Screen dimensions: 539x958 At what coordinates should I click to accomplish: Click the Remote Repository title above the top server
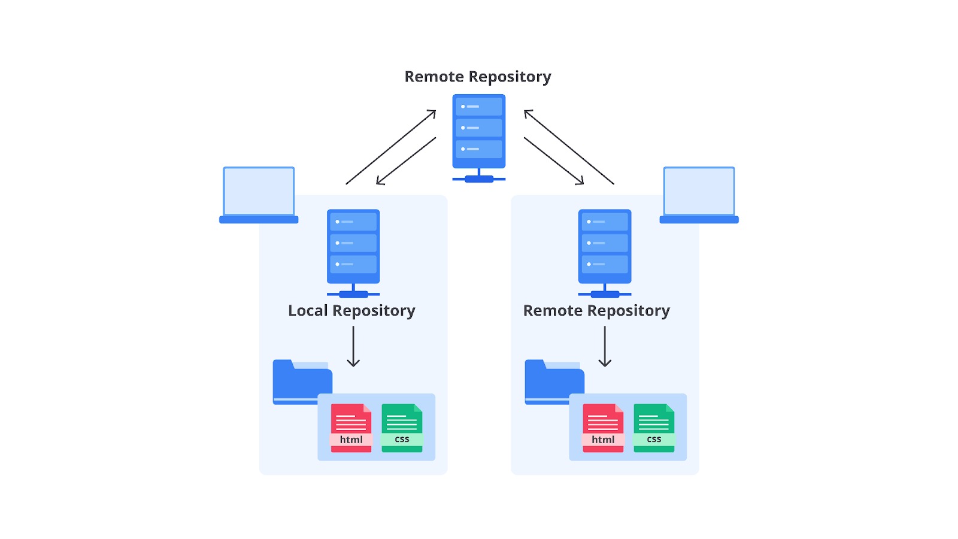[x=478, y=77]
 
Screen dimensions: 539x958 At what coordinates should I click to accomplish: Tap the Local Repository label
[x=351, y=311]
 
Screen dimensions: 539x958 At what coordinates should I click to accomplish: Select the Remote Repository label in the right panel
[x=596, y=311]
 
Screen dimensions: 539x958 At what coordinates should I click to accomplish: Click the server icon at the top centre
[x=479, y=137]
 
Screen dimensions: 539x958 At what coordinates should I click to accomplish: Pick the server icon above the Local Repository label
[x=353, y=252]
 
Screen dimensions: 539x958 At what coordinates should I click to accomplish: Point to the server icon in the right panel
[x=605, y=252]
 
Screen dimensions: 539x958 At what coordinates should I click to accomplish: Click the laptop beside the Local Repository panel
[x=259, y=195]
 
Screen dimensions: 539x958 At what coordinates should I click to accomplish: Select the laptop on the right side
[x=699, y=195]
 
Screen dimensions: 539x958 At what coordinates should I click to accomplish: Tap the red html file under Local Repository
[x=351, y=428]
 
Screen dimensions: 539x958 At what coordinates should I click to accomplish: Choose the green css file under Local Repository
[x=402, y=428]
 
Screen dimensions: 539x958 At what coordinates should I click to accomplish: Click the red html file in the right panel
[x=603, y=428]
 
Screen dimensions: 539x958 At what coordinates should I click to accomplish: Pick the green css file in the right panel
[x=654, y=428]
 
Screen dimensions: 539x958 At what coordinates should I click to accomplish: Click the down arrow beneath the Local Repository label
[x=353, y=347]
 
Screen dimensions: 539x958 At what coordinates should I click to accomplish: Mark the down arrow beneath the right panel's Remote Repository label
[x=605, y=347]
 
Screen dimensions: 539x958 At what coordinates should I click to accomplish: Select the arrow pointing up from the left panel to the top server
[x=390, y=147]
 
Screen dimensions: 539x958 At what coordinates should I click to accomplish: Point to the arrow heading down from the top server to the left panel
[x=406, y=161]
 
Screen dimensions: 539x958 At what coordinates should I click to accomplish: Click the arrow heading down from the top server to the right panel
[x=554, y=161]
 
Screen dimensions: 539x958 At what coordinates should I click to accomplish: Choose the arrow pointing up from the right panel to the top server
[x=569, y=147]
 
